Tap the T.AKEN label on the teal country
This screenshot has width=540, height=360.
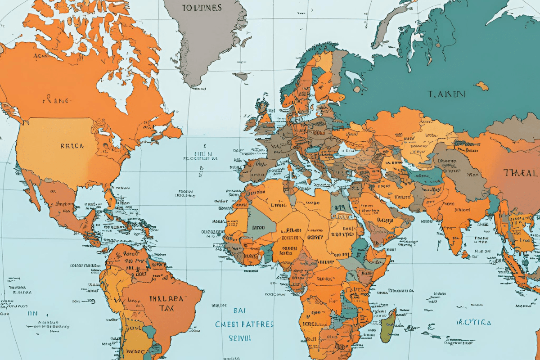(x=446, y=94)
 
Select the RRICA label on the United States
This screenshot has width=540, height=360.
(x=72, y=146)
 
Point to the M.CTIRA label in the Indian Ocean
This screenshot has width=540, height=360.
(x=473, y=323)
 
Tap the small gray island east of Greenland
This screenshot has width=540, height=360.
(x=241, y=76)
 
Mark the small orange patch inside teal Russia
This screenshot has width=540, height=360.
(x=482, y=85)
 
